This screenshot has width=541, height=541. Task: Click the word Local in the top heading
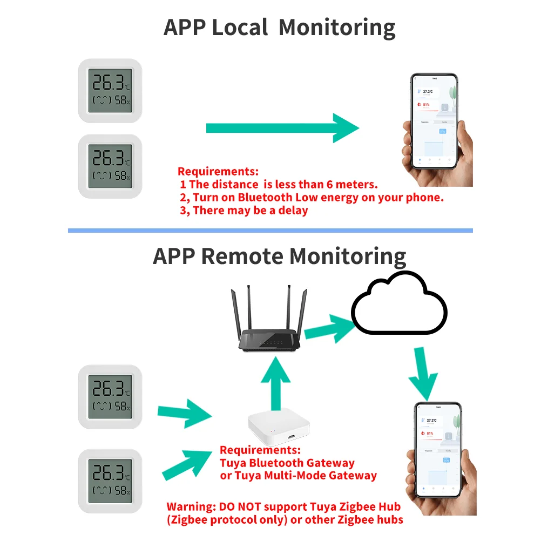[239, 27]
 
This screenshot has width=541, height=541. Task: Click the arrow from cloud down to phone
[423, 373]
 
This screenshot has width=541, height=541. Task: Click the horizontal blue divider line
[270, 231]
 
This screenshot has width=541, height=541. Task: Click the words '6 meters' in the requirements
[356, 184]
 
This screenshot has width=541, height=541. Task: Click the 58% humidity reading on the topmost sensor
[121, 100]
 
